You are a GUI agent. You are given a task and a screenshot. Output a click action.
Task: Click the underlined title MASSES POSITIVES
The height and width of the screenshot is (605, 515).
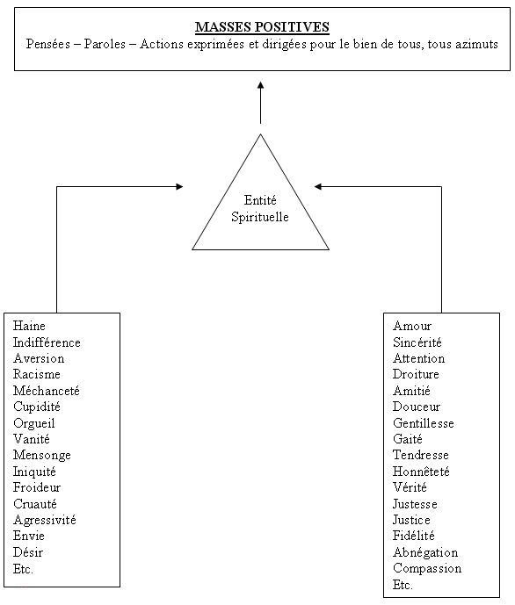[262, 27]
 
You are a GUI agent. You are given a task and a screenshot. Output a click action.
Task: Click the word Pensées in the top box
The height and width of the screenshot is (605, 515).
[48, 44]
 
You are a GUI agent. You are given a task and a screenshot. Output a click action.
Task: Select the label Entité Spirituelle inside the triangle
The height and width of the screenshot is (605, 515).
[260, 208]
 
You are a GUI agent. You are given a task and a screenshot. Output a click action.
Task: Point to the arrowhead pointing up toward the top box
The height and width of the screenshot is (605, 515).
[261, 85]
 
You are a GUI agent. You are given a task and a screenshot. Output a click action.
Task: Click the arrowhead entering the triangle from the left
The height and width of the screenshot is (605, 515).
[179, 187]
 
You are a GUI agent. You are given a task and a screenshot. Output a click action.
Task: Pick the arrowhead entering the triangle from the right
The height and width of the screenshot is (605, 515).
[318, 187]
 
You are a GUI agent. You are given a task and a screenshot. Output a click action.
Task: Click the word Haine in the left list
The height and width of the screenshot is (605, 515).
[29, 326]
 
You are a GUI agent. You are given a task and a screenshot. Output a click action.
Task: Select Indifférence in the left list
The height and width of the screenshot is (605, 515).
[47, 342]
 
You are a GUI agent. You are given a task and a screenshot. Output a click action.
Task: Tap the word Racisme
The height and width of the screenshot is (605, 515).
[37, 374]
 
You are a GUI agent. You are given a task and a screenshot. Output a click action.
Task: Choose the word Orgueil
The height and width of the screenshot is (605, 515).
[34, 423]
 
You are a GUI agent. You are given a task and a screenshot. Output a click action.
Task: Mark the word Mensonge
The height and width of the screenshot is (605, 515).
[42, 456]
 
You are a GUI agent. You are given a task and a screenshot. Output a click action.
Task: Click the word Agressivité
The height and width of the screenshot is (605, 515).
[45, 521]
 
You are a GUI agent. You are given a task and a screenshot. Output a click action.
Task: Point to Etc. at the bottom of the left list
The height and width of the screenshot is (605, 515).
[23, 569]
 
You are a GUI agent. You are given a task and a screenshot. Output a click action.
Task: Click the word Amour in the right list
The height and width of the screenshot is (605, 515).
[412, 326]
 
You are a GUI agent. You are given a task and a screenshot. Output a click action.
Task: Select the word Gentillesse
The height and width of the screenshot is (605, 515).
[424, 423]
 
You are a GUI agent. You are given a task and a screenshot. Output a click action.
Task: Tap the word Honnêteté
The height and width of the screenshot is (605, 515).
[421, 472]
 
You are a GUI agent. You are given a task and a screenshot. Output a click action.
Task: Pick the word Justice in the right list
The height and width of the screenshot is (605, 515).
[411, 520]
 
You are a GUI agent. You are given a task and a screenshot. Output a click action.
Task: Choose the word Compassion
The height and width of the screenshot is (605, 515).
[427, 569]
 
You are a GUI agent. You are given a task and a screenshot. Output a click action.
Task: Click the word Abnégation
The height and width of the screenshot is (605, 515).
[425, 553]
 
